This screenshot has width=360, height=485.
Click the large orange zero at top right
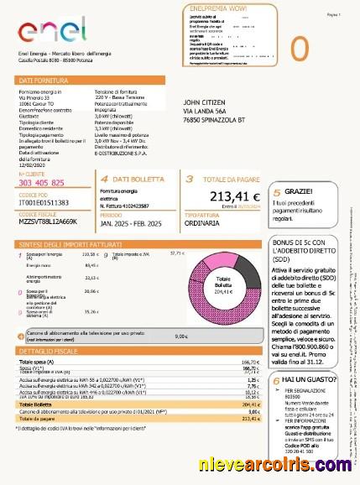tap(299, 49)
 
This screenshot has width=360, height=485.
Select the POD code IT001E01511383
tap(44, 202)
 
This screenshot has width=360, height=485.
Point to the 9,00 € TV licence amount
tap(180, 336)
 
